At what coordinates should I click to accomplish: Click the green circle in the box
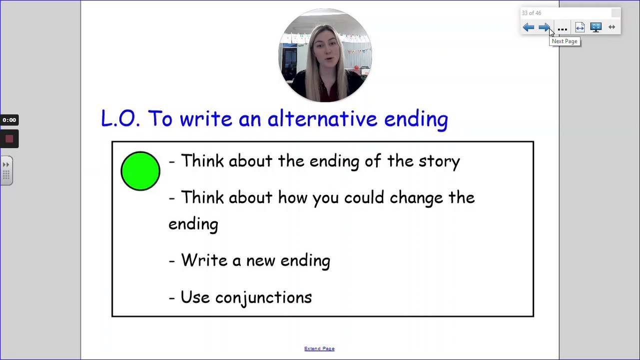click(140, 171)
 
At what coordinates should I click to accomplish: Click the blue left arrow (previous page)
click(528, 27)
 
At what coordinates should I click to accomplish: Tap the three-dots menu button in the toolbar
click(562, 29)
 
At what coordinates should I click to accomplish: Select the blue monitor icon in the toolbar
click(596, 27)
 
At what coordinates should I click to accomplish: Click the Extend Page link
click(319, 348)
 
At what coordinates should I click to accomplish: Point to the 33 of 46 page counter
click(532, 13)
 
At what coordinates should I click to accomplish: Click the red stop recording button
click(9, 139)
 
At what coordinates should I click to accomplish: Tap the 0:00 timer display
click(9, 120)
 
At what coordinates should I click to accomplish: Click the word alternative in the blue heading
click(322, 118)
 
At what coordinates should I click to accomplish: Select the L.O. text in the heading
click(120, 118)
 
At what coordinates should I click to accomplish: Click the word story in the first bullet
click(439, 161)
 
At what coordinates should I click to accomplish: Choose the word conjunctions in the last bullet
click(263, 298)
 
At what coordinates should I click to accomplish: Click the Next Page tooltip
click(565, 41)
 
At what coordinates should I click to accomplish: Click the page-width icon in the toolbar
click(580, 27)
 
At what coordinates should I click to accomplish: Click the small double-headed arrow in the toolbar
click(612, 27)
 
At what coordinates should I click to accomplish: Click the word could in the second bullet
click(364, 197)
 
